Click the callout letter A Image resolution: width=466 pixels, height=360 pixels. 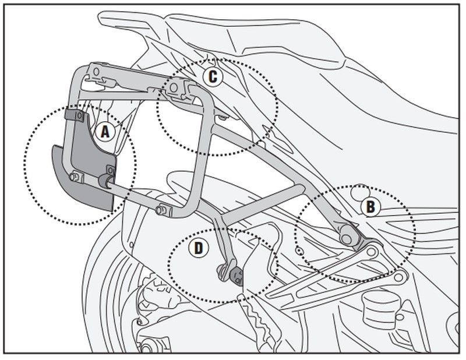(105, 132)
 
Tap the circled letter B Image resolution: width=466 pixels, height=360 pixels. (370, 206)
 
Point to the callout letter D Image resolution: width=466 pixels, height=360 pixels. (199, 248)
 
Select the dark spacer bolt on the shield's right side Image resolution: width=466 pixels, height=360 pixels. (108, 178)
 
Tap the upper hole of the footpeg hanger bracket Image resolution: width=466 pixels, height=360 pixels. (369, 252)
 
